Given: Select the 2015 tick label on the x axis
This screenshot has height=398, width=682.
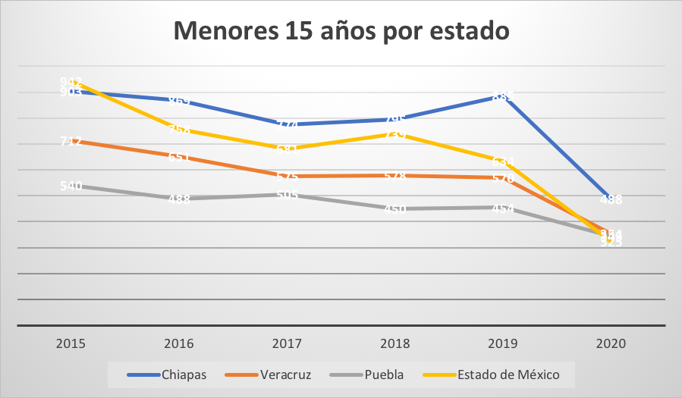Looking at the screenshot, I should [x=71, y=343].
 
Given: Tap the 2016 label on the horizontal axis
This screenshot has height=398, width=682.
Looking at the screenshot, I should [x=179, y=343].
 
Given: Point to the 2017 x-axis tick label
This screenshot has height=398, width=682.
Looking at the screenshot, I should [x=287, y=343].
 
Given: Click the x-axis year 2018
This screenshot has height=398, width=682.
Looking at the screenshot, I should [x=395, y=343].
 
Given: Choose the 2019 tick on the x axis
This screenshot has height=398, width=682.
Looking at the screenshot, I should [x=503, y=343].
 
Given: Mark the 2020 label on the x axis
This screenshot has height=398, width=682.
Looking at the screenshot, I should [x=611, y=343].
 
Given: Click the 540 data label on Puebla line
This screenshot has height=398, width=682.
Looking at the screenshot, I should [x=71, y=186].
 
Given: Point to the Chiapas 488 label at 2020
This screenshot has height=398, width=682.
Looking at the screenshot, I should [x=611, y=200].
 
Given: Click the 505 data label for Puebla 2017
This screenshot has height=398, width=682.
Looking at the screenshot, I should [x=287, y=195].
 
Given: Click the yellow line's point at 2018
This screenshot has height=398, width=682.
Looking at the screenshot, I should [x=395, y=133].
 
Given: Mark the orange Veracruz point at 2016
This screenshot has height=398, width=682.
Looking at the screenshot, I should [x=179, y=157].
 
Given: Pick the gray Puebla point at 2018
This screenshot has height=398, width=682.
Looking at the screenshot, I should [x=395, y=209].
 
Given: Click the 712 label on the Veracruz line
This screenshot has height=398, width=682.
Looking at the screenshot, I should [x=71, y=141].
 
